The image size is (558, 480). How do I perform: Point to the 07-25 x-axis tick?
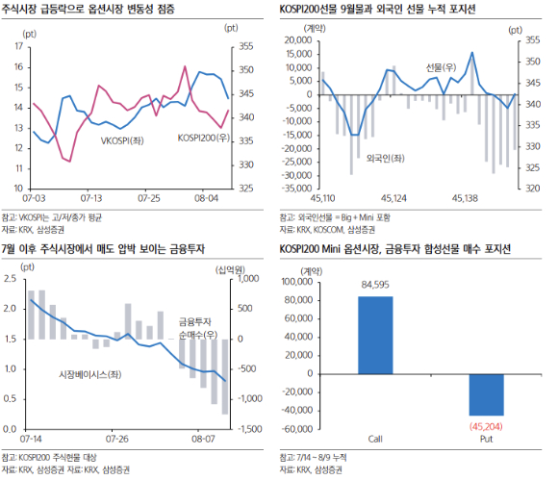[148, 196]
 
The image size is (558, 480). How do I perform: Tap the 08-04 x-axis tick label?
[206, 196]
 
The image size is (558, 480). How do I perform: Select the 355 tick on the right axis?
[244, 46]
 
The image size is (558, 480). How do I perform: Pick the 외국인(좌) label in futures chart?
[384, 157]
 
